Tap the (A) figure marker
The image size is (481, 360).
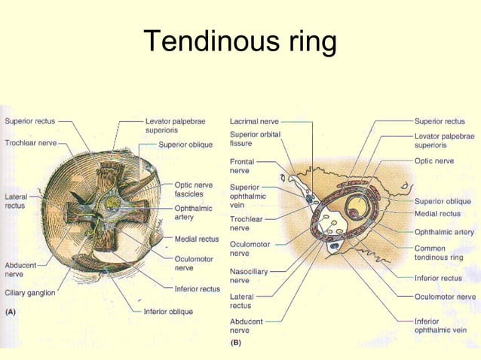pos(13,311)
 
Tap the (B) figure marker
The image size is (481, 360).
pos(237,342)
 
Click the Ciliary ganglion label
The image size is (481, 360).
pos(30,293)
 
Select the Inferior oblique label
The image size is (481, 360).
pos(168,311)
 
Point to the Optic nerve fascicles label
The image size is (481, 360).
pos(194,189)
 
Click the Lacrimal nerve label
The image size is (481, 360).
pos(254,121)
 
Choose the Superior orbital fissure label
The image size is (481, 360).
pos(255,139)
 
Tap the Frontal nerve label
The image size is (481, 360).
pos(243,166)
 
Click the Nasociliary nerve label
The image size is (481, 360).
pos(250,276)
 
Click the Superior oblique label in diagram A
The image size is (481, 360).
pos(185,145)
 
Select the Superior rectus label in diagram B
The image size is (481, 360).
pos(440,121)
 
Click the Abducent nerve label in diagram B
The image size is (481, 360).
pos(247,325)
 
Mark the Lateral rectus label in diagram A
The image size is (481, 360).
pos(15,201)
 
